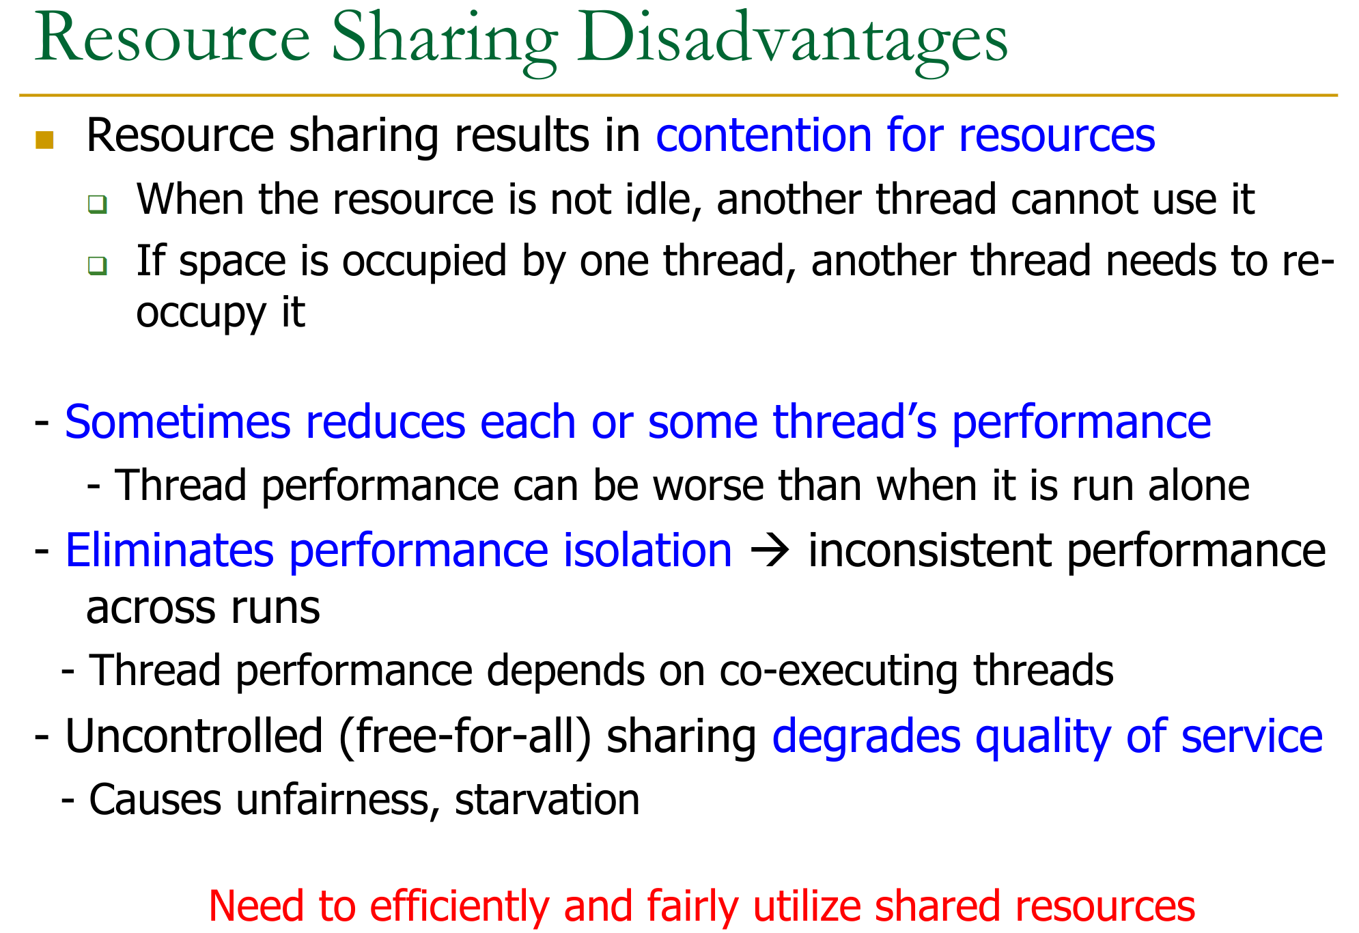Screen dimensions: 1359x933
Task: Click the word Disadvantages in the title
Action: tap(792, 41)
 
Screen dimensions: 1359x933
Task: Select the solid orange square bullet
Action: tap(44, 139)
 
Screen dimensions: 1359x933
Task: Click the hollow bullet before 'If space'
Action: tap(97, 265)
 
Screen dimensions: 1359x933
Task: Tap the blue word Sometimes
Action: tap(178, 421)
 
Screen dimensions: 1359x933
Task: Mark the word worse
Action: tap(708, 486)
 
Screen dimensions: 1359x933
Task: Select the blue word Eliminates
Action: tap(169, 551)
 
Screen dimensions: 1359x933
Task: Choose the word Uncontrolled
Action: tap(194, 736)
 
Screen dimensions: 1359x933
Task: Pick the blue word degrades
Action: tap(866, 738)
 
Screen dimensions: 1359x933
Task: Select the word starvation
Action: tap(547, 799)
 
